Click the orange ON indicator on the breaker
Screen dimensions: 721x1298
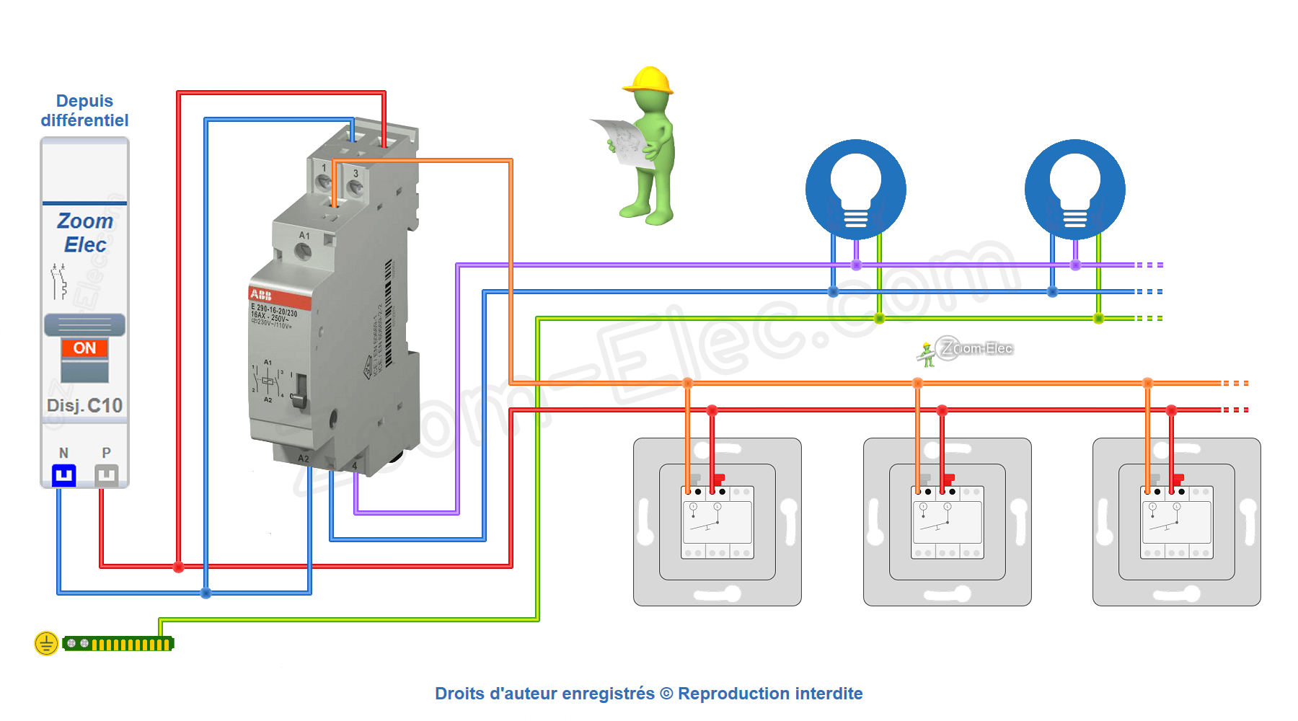[84, 348]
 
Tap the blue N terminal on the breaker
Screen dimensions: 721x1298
[64, 475]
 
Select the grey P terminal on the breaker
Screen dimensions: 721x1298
[106, 475]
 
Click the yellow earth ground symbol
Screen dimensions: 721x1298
[46, 643]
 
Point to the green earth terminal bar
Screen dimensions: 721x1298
[119, 644]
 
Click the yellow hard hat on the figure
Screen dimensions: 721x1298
[648, 80]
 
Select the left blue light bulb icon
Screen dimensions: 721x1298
[856, 190]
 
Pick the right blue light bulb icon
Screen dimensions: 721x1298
[1074, 190]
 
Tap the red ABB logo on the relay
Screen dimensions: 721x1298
[261, 295]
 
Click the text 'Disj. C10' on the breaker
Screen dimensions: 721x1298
[84, 406]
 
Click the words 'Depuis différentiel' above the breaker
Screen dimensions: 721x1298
[84, 110]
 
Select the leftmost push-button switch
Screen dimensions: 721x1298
[718, 522]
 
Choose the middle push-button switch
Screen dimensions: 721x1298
[947, 522]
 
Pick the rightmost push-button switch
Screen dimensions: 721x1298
[1176, 522]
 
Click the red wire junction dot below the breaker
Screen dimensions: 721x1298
[179, 567]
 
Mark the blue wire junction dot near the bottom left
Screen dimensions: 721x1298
[206, 593]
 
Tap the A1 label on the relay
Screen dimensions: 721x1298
[304, 236]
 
